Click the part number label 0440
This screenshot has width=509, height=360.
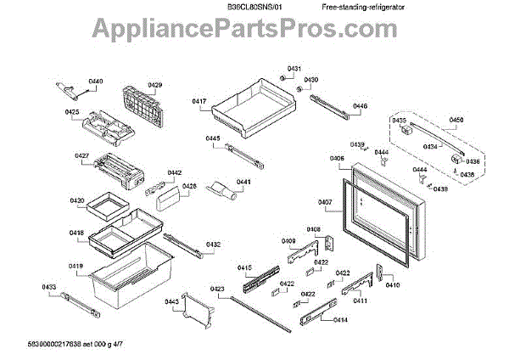click(x=95, y=82)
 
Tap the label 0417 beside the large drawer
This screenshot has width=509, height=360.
click(x=199, y=102)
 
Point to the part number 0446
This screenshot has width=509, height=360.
click(x=361, y=106)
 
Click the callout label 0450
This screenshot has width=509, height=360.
click(x=456, y=121)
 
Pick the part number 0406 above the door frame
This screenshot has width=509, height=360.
click(x=337, y=159)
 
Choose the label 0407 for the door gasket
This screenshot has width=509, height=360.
click(x=326, y=201)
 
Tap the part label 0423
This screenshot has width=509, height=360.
click(x=217, y=290)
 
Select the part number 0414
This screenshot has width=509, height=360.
click(x=340, y=319)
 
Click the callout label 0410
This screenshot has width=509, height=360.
click(x=393, y=285)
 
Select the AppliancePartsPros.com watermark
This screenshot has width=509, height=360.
click(x=254, y=31)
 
